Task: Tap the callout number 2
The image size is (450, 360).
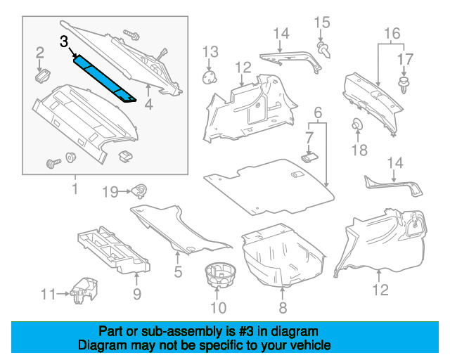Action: (x=40, y=51)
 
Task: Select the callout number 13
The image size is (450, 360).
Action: (x=211, y=51)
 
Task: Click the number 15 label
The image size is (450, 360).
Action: (x=322, y=22)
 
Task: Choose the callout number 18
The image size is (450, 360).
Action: (x=359, y=150)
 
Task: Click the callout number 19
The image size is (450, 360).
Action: (x=111, y=191)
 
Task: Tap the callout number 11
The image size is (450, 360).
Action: (x=46, y=294)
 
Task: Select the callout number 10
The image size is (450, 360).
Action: (x=219, y=307)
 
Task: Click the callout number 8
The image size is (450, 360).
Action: (x=283, y=307)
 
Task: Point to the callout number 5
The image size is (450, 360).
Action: (x=178, y=272)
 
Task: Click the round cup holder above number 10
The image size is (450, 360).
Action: (x=219, y=275)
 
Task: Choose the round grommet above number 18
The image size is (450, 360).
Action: (x=358, y=127)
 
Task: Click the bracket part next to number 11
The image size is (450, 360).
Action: (x=84, y=288)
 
